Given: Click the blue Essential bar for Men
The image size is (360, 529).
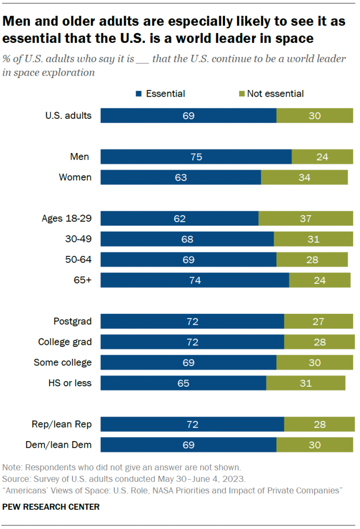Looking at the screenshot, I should (x=196, y=157).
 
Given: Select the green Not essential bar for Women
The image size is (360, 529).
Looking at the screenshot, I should (x=304, y=177).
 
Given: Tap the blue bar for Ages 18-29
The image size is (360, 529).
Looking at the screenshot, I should (x=179, y=218).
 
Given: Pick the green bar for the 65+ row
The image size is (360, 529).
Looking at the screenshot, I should (x=320, y=280).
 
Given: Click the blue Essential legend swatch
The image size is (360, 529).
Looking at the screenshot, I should (x=139, y=94).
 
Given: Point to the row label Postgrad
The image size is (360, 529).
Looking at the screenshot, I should (x=72, y=321).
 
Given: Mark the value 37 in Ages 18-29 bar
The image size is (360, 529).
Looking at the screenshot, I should (x=305, y=218).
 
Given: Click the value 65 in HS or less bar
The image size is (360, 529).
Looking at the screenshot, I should (x=183, y=383).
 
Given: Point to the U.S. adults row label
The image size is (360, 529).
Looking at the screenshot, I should (x=68, y=115).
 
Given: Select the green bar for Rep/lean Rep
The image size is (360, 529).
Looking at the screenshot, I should (x=319, y=424).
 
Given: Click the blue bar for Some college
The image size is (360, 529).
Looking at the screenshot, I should (x=188, y=362).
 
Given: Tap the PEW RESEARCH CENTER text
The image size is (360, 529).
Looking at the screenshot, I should (x=51, y=507).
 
